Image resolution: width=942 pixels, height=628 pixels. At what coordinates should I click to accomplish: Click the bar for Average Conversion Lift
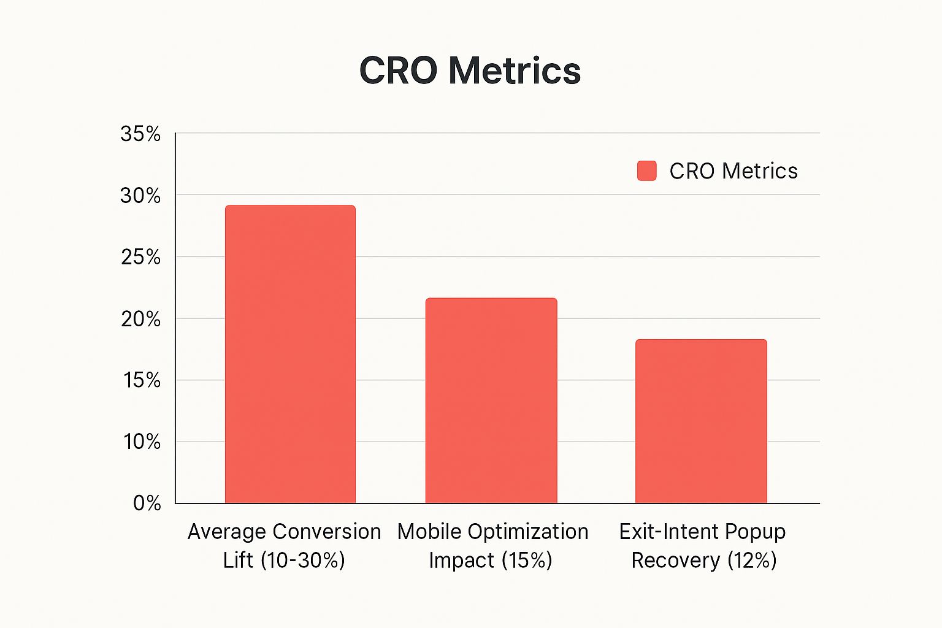[x=290, y=354]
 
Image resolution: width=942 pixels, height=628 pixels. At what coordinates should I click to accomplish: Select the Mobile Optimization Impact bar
[x=491, y=400]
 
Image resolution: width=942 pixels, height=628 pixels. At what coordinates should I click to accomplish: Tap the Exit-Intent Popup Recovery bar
[x=701, y=421]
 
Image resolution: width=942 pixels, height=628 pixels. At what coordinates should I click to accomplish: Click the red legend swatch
[x=646, y=171]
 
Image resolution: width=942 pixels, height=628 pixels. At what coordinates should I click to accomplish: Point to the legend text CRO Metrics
[x=733, y=171]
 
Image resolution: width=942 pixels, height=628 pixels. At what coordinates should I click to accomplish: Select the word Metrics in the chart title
[x=514, y=71]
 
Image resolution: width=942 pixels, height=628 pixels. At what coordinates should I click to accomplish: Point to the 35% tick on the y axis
[x=140, y=134]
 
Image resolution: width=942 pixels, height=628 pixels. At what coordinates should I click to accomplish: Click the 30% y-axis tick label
[x=140, y=196]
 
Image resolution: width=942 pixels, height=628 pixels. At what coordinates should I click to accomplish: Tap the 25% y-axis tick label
[x=140, y=258]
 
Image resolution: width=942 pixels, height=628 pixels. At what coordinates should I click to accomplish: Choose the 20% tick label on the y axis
[x=140, y=320]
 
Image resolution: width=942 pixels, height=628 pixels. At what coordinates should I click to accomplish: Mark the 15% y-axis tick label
[x=142, y=381]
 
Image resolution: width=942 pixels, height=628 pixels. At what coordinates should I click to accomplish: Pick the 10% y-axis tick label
[x=142, y=442]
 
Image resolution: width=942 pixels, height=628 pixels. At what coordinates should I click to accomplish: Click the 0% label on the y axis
[x=147, y=504]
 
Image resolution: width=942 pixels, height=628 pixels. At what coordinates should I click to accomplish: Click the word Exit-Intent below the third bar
[x=661, y=532]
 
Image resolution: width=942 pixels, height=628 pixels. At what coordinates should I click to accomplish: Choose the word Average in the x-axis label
[x=226, y=532]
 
